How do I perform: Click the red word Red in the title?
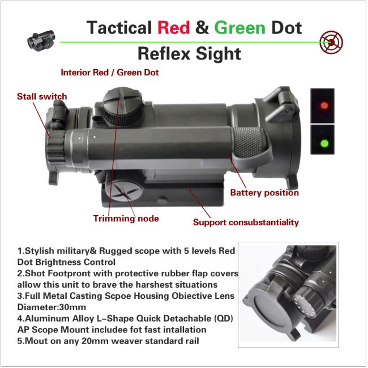click(x=174, y=28)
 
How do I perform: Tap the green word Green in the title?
click(x=239, y=28)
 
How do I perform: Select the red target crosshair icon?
click(x=331, y=42)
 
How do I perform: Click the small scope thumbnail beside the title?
click(x=41, y=41)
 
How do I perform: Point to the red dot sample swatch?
click(x=322, y=106)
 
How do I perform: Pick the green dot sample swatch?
click(x=322, y=140)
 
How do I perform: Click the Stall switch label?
click(x=42, y=96)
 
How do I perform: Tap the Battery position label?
click(x=264, y=193)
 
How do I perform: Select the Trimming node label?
click(x=126, y=219)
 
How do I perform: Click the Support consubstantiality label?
click(x=246, y=222)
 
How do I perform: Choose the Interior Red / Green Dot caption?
click(x=110, y=72)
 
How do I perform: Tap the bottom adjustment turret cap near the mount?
click(x=124, y=188)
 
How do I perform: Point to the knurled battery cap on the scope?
click(x=249, y=143)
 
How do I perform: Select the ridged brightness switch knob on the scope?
click(x=56, y=148)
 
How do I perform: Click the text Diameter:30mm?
click(x=52, y=307)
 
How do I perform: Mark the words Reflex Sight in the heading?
click(x=189, y=54)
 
